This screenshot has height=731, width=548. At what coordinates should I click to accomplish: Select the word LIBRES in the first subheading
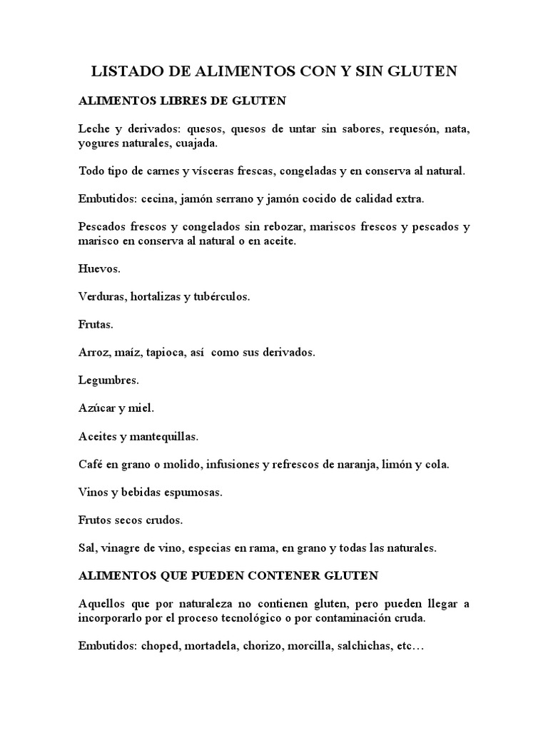(x=177, y=101)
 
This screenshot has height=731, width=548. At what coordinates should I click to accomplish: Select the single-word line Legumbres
(x=108, y=380)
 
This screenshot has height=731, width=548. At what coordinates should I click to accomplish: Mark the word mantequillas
(x=166, y=436)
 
